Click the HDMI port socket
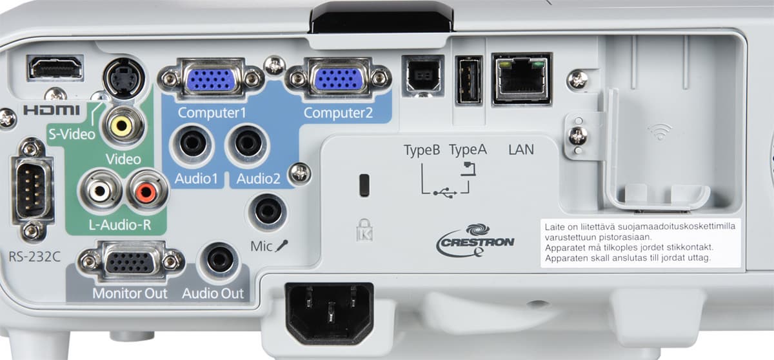tap(55, 68)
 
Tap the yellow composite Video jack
tap(122, 125)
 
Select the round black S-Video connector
tap(124, 79)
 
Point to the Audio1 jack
tap(192, 145)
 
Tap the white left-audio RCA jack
tap(100, 190)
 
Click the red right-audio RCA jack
tap(146, 191)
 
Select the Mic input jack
tap(268, 212)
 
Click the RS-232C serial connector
tap(32, 189)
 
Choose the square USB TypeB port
tap(422, 76)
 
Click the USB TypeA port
tap(468, 80)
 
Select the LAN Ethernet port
tap(521, 79)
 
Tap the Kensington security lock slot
tap(364, 185)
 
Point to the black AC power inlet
tap(330, 313)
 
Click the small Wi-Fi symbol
tap(660, 132)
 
